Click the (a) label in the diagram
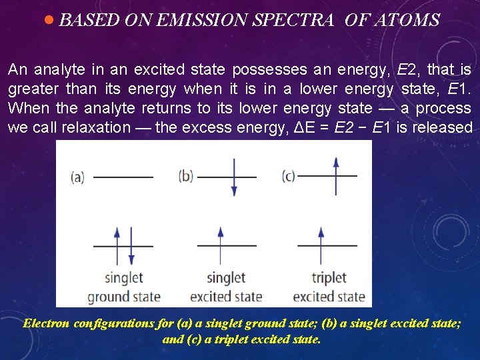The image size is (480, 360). point(77,177)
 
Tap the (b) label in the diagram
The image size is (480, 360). point(186,177)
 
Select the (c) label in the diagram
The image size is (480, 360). point(288,177)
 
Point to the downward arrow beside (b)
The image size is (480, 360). point(233,177)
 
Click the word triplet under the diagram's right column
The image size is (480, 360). point(329,277)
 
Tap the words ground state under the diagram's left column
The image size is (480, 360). point(124,296)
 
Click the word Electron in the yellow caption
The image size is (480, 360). point(46,324)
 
